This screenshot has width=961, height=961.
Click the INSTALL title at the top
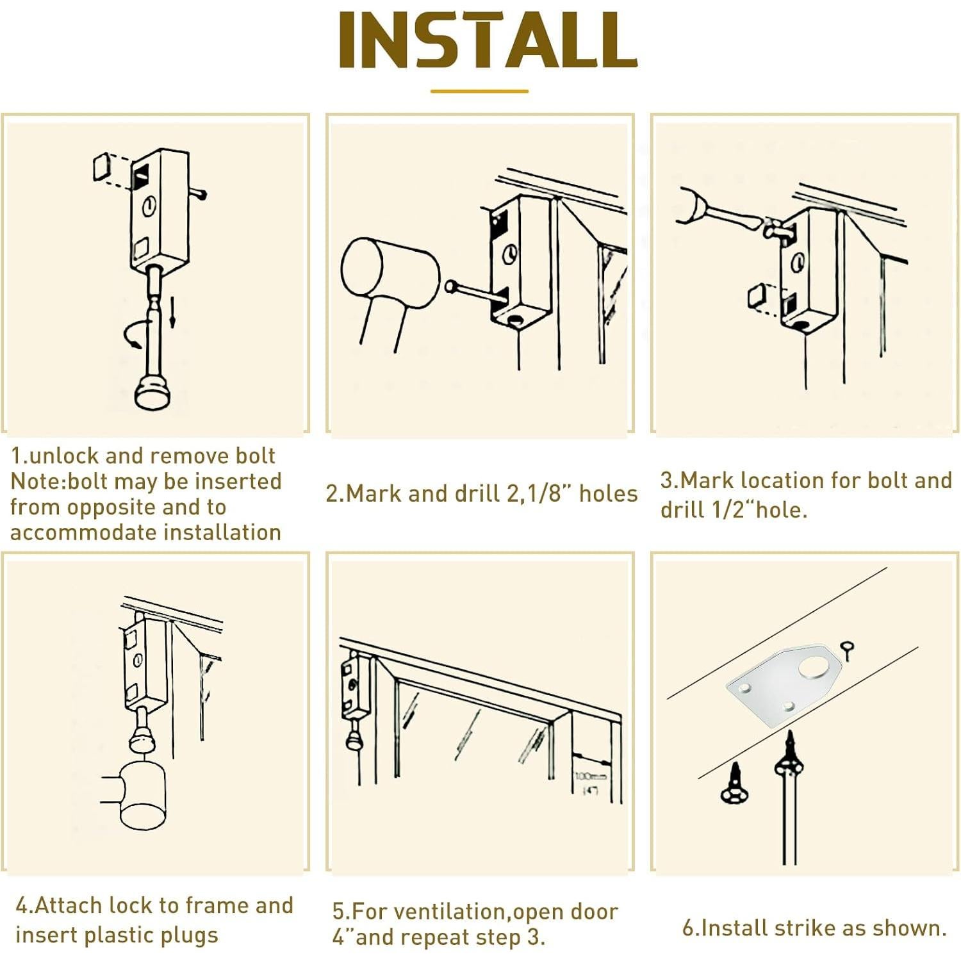tap(488, 40)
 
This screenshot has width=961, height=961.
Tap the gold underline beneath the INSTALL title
tap(479, 91)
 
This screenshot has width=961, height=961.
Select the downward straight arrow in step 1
tap(172, 312)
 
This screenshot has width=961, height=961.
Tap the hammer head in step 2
tap(390, 274)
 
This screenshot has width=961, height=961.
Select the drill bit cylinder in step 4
tap(142, 795)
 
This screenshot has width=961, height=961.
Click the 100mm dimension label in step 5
tap(589, 776)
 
